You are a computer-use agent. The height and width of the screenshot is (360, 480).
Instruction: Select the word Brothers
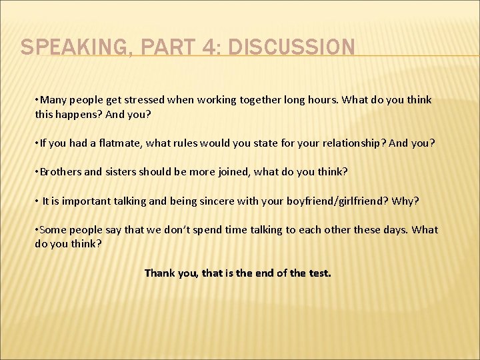[61, 171]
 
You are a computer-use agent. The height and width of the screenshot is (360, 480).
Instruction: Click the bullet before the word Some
[37, 230]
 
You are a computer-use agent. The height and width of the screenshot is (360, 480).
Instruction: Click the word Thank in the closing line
[159, 273]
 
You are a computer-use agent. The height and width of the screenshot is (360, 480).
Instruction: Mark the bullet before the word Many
[37, 100]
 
